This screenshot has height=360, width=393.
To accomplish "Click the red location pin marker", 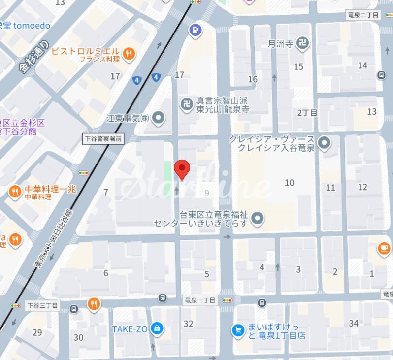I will coord(183,170).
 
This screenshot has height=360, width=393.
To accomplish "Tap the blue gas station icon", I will coord(196,31).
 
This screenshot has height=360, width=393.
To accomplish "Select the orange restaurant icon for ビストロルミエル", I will coord(129,53).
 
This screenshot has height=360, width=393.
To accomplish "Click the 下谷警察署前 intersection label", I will coord(103,139).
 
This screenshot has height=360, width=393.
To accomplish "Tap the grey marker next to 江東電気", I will coord(159,118).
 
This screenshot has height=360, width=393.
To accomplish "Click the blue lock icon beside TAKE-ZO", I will coord(156,328).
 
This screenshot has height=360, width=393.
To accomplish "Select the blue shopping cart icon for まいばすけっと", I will coord(239,330).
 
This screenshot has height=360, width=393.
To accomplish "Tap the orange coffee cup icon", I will coord(384,249).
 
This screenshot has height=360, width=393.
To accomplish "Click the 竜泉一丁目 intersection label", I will coord(200,299).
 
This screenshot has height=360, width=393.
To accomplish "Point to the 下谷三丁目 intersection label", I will coord(42,306).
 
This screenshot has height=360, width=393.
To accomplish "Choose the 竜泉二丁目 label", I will coord(362,15).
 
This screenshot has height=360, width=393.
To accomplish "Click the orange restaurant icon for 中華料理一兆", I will coord(15,192).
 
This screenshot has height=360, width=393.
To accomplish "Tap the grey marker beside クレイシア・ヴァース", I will coord(324,143).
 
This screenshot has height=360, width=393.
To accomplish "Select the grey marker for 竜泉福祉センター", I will coord(257,218).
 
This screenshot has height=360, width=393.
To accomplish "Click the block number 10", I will coord(289,183).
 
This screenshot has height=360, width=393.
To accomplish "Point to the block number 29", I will coord(37,332).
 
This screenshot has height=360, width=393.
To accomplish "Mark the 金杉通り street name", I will coord(34,57).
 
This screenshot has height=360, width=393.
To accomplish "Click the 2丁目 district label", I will coord(307,113).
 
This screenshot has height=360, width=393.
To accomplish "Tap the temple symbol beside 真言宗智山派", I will coord(187,103).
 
